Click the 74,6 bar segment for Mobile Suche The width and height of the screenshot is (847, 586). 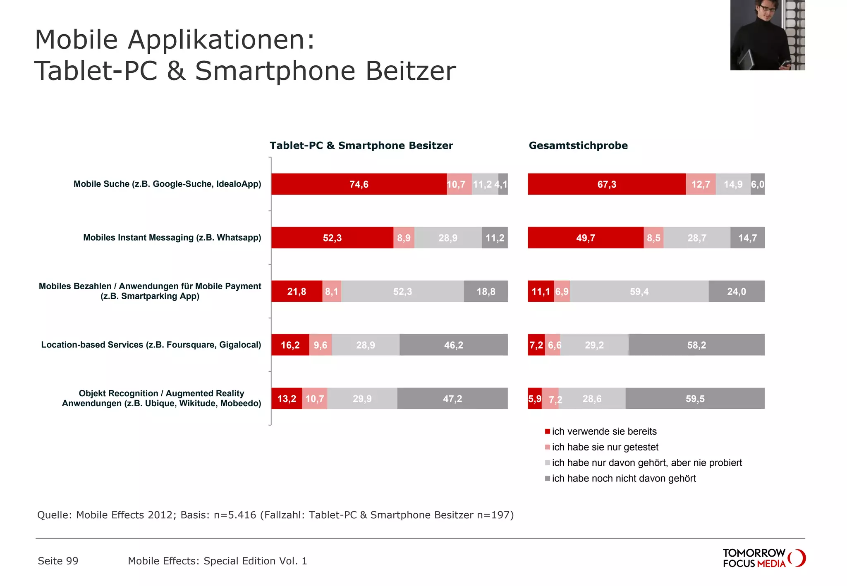[x=359, y=184]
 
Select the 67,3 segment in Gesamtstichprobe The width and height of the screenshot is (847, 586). [x=606, y=184]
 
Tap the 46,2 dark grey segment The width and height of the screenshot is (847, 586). [x=453, y=345]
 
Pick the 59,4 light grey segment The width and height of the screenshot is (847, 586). [x=639, y=291]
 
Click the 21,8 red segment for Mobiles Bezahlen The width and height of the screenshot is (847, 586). [x=297, y=291]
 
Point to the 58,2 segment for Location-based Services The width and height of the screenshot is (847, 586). [x=696, y=345]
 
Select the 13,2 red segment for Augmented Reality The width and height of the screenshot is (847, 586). [x=287, y=399]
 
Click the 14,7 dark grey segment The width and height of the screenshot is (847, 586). [x=747, y=238]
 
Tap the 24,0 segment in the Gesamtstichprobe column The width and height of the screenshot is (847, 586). [x=736, y=291]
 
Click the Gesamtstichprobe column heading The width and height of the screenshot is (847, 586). [x=578, y=145]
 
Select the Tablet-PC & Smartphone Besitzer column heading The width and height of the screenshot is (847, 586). [x=361, y=145]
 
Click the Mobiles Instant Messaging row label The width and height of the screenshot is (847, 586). [x=172, y=238]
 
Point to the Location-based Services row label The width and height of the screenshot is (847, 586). [x=151, y=345]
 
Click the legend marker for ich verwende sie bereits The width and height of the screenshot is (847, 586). [x=548, y=431]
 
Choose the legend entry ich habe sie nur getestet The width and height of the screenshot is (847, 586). [x=605, y=447]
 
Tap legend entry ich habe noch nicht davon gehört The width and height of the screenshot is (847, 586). [x=623, y=479]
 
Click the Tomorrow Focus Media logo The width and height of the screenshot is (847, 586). [x=763, y=558]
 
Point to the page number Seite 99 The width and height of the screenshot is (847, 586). [x=58, y=561]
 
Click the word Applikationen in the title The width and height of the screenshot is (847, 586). [x=221, y=40]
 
